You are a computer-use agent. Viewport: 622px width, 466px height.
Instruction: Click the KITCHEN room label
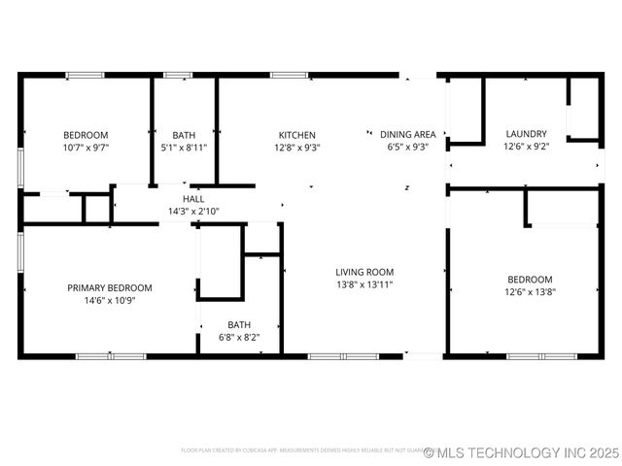point(297,135)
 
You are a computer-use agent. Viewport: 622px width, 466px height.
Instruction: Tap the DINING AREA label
point(407,135)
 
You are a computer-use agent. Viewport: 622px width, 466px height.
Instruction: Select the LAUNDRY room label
point(526,134)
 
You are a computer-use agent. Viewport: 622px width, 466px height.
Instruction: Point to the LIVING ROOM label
point(365,272)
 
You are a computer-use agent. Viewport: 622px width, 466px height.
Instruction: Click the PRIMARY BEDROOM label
point(110,287)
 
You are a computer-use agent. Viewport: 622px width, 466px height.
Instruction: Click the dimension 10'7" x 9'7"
point(86,148)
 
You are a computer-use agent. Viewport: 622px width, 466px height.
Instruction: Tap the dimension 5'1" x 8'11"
point(184,148)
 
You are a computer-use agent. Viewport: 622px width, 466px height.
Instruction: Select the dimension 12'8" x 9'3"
point(297,148)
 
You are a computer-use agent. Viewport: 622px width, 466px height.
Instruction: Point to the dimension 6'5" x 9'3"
point(407,148)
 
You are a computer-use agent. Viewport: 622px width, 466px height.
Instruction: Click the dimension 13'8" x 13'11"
point(365,284)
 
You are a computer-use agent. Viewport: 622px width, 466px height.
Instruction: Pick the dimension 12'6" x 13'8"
point(530,291)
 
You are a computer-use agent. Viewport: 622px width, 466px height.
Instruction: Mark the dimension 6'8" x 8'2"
point(239,338)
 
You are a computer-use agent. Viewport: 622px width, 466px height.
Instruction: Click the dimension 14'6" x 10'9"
point(110,300)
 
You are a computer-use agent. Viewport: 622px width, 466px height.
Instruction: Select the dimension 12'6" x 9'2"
point(526,147)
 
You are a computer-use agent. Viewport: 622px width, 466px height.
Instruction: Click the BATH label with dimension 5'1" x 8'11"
point(184,135)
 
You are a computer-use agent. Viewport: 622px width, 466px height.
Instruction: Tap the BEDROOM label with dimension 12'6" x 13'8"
point(530,279)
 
